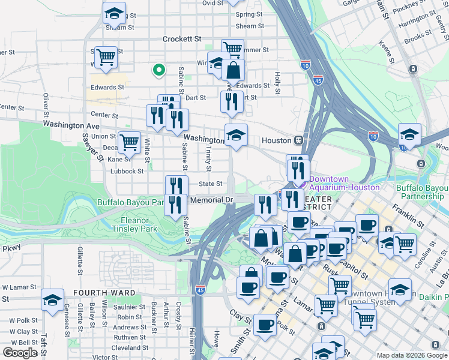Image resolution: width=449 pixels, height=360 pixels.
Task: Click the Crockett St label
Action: point(182,39)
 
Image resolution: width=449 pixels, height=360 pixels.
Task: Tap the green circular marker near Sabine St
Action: point(158,71)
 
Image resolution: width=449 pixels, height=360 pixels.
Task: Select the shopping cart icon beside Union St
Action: point(129,143)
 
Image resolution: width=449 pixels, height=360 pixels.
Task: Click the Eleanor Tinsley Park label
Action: point(134,224)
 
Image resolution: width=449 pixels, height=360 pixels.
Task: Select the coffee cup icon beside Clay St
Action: point(265,326)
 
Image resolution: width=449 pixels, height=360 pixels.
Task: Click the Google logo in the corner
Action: point(20,352)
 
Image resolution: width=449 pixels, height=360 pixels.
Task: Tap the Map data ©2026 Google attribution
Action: point(412,355)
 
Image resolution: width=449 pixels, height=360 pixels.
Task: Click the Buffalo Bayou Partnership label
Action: point(422,191)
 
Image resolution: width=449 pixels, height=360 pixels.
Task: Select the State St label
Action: point(211,184)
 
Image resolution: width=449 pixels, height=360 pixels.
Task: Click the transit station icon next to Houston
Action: point(298,140)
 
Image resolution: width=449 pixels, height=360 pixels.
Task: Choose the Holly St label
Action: point(277,83)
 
